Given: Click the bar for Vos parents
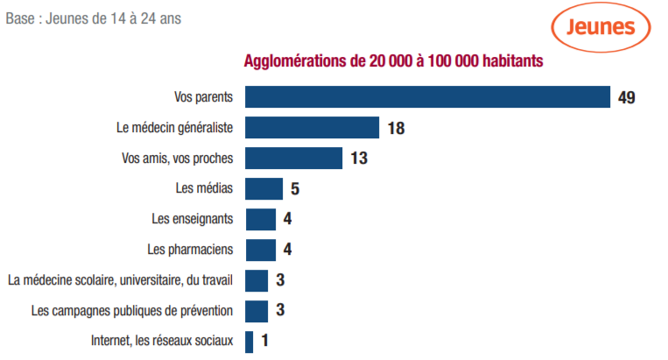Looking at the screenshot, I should (x=427, y=96).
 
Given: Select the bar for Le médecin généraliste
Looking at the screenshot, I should (x=312, y=128).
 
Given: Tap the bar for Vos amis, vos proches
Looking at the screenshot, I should (x=293, y=159).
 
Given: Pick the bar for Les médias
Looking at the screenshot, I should (x=264, y=188).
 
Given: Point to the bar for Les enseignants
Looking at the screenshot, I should (x=260, y=219).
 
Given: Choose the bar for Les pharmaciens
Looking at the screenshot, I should (x=260, y=250).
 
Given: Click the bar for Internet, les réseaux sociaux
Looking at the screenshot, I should (x=250, y=342).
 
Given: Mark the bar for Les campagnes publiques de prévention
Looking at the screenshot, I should (x=257, y=311).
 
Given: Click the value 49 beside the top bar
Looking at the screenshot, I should (x=626, y=97).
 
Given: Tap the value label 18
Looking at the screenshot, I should (x=396, y=128).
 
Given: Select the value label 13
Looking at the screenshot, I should (x=358, y=159).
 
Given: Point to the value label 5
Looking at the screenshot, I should (x=295, y=189).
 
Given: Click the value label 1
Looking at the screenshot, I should (x=264, y=342).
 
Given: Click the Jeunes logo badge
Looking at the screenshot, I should (x=601, y=27).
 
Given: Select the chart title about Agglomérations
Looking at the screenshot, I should (x=393, y=61).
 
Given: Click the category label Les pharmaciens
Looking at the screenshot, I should (x=191, y=250).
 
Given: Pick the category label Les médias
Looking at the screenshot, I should (x=205, y=188).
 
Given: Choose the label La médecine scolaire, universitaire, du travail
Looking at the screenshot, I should (x=120, y=280).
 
